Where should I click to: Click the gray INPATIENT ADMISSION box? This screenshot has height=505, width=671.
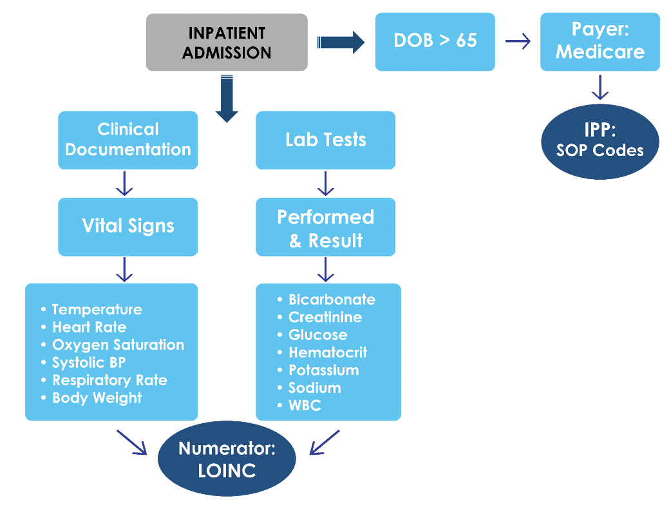[227, 43]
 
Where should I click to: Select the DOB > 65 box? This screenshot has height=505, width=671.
[435, 41]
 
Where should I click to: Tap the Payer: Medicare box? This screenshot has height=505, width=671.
[600, 41]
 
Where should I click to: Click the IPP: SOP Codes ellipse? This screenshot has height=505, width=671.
[600, 141]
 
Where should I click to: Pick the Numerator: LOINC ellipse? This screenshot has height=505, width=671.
[227, 459]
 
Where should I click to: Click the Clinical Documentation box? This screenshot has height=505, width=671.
[128, 140]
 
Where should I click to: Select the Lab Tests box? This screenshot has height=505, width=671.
[326, 140]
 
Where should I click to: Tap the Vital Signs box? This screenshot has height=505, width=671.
[128, 226]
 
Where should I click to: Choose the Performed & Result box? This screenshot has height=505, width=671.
[326, 228]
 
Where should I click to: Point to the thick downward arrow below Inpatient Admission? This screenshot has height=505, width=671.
[227, 99]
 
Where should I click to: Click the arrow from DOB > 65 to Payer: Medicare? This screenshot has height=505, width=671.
[518, 42]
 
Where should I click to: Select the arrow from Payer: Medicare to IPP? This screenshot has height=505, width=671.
[600, 87]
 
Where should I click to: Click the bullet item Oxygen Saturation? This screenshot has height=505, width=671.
[118, 345]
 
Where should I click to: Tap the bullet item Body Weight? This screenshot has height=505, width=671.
[97, 397]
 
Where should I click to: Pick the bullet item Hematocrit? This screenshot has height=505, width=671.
[328, 352]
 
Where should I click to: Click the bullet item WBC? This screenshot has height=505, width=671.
[305, 405]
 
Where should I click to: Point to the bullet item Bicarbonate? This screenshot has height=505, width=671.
[332, 300]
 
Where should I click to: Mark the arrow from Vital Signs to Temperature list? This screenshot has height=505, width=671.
[124, 269]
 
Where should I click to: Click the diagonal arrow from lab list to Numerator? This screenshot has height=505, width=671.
[325, 442]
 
